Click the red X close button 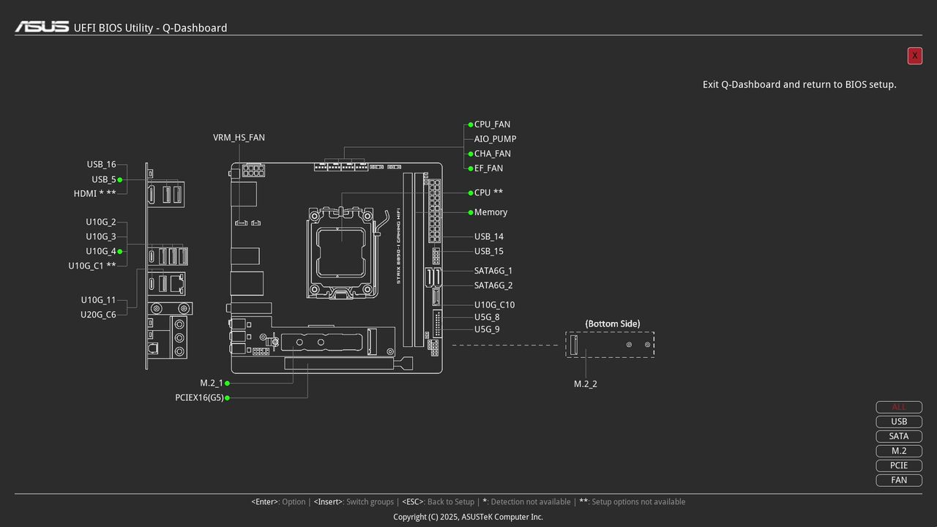click(914, 56)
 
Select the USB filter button click(899, 422)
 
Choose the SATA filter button click(899, 436)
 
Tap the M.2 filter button click(899, 451)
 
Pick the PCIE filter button click(899, 466)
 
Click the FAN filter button click(899, 480)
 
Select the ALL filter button click(899, 407)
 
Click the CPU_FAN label click(492, 124)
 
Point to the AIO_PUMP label click(495, 139)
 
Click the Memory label click(490, 212)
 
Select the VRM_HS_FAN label click(239, 138)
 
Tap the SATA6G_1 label click(493, 271)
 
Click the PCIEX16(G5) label click(199, 398)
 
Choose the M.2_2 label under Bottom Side click(585, 384)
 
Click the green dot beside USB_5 click(119, 179)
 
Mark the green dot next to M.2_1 click(227, 383)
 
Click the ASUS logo click(42, 27)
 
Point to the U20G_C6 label click(98, 315)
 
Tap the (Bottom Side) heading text click(612, 324)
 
